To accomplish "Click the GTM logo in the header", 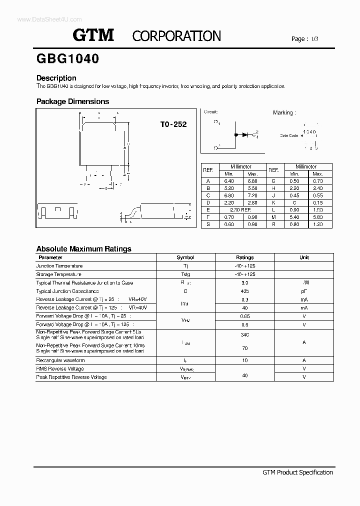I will [93, 35].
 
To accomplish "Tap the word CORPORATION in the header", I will [176, 36].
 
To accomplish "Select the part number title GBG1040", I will [67, 58].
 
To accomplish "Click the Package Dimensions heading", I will [72, 101].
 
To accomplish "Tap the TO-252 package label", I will [173, 124].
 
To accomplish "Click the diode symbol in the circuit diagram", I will [245, 134].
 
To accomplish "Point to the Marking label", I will [284, 113].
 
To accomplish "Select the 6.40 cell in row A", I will [229, 181].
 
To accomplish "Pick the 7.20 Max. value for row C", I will [252, 195].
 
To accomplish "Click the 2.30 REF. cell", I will [240, 210].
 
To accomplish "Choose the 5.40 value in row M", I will [295, 217].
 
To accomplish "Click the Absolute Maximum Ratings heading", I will [83, 248].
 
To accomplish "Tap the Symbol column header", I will [185, 257].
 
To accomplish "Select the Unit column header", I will [304, 257].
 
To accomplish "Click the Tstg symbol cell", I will [185, 274].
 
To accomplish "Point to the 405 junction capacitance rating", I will [244, 291].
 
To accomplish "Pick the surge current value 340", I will [244, 334].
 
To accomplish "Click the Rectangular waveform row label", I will [60, 360].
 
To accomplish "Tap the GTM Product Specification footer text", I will [297, 472].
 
